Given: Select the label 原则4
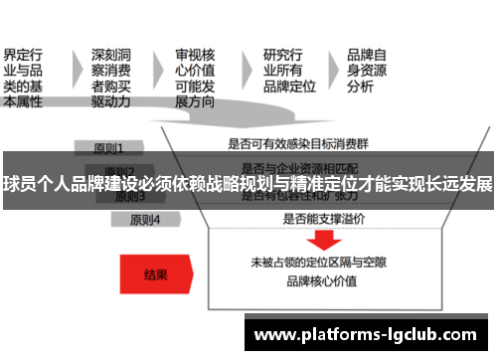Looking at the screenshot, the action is tap(142, 219).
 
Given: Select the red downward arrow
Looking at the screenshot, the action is tap(321, 242).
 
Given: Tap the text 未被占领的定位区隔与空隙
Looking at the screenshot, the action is tap(319, 263).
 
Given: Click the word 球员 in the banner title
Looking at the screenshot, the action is tap(20, 184).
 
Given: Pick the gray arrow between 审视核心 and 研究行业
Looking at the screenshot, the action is tap(244, 66).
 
